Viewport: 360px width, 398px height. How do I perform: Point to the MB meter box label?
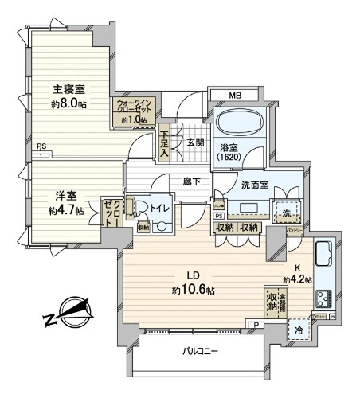pos(234,96)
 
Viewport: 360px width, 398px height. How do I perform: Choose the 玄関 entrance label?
pos(196,142)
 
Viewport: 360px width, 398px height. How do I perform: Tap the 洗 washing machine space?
pos(284,211)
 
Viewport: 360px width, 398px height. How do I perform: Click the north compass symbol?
pos(65,314)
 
